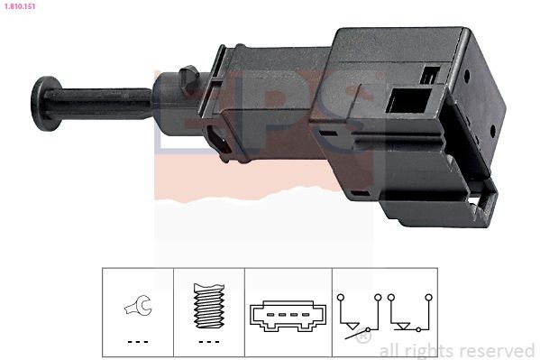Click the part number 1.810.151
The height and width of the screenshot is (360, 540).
(19, 5)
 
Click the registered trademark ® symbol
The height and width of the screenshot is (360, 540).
(362, 338)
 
